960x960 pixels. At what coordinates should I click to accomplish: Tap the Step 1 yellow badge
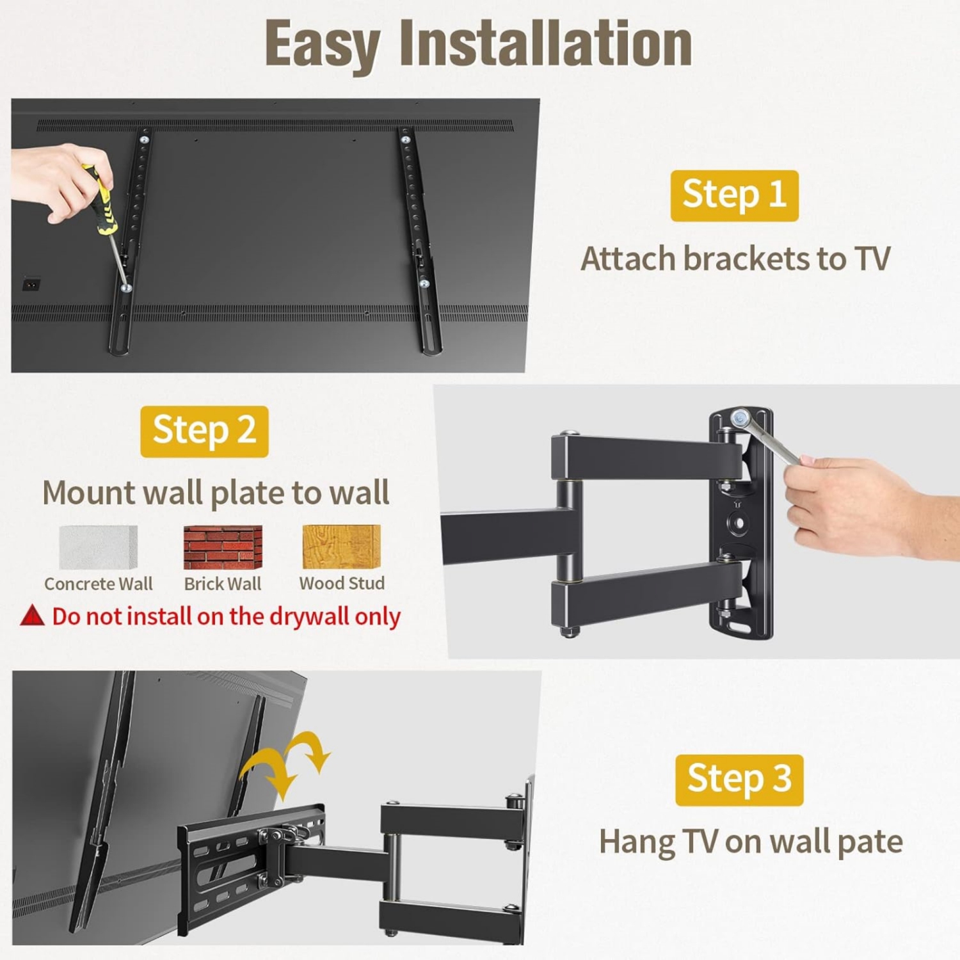coord(734,195)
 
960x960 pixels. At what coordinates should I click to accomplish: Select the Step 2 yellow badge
coord(204,431)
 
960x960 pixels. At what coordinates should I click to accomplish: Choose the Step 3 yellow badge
coord(739,780)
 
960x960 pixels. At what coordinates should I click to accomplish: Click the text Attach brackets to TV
coord(735,259)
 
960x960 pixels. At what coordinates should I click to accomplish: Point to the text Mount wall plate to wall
coord(216,493)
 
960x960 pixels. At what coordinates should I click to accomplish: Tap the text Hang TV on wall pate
coord(750,841)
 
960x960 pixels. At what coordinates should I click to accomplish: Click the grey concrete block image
coord(98,547)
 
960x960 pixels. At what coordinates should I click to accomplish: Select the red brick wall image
coord(223,547)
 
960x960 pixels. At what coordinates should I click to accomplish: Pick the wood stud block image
coord(341,547)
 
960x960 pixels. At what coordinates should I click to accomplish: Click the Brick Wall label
coord(222,584)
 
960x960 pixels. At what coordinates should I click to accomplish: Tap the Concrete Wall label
coord(98,584)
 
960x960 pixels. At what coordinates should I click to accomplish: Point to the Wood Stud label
coord(342,583)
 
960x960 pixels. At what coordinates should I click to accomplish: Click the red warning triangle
coord(32,616)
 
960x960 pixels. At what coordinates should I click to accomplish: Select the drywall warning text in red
coord(226,616)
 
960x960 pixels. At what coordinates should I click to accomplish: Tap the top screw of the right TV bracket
coord(405,139)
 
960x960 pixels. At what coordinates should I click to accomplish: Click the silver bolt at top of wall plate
coord(740,419)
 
